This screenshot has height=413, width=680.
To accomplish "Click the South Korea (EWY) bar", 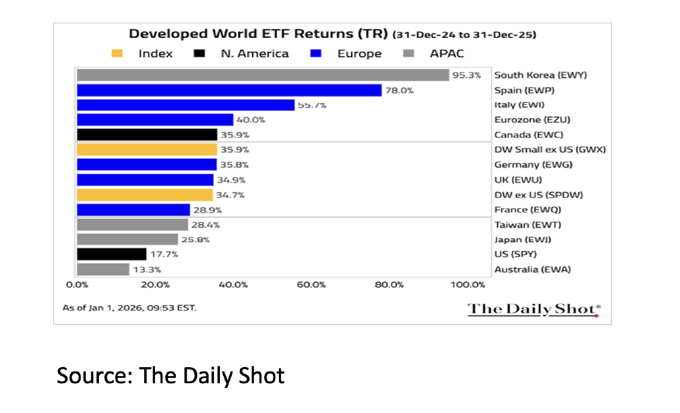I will [x=262, y=75].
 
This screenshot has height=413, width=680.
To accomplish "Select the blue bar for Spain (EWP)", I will [x=229, y=90].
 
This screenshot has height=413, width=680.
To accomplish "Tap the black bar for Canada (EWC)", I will [x=147, y=134].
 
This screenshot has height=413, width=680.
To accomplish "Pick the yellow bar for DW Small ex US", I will [x=147, y=149].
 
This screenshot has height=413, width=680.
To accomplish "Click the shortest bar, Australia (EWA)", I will [x=103, y=269].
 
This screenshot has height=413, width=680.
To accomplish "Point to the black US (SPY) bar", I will [x=111, y=254].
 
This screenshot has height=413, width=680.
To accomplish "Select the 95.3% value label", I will [x=467, y=75].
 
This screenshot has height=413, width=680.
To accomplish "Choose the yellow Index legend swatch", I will [x=117, y=54].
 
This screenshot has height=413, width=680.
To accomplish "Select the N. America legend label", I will [x=254, y=54].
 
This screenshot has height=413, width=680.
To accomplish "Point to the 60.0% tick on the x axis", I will [x=311, y=284].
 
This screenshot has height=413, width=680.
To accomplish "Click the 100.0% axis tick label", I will [x=467, y=284].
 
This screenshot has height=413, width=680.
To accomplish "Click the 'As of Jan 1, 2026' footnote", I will [x=129, y=308].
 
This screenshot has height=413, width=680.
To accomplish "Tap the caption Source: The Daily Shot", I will [x=170, y=376].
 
